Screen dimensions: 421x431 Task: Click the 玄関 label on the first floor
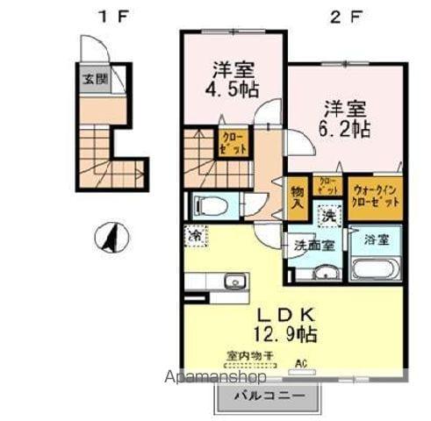91,79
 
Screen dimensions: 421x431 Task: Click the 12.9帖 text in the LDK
286,333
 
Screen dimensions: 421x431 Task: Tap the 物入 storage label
298,197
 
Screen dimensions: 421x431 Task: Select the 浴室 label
375,237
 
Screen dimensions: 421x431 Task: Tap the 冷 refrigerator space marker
195,237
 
